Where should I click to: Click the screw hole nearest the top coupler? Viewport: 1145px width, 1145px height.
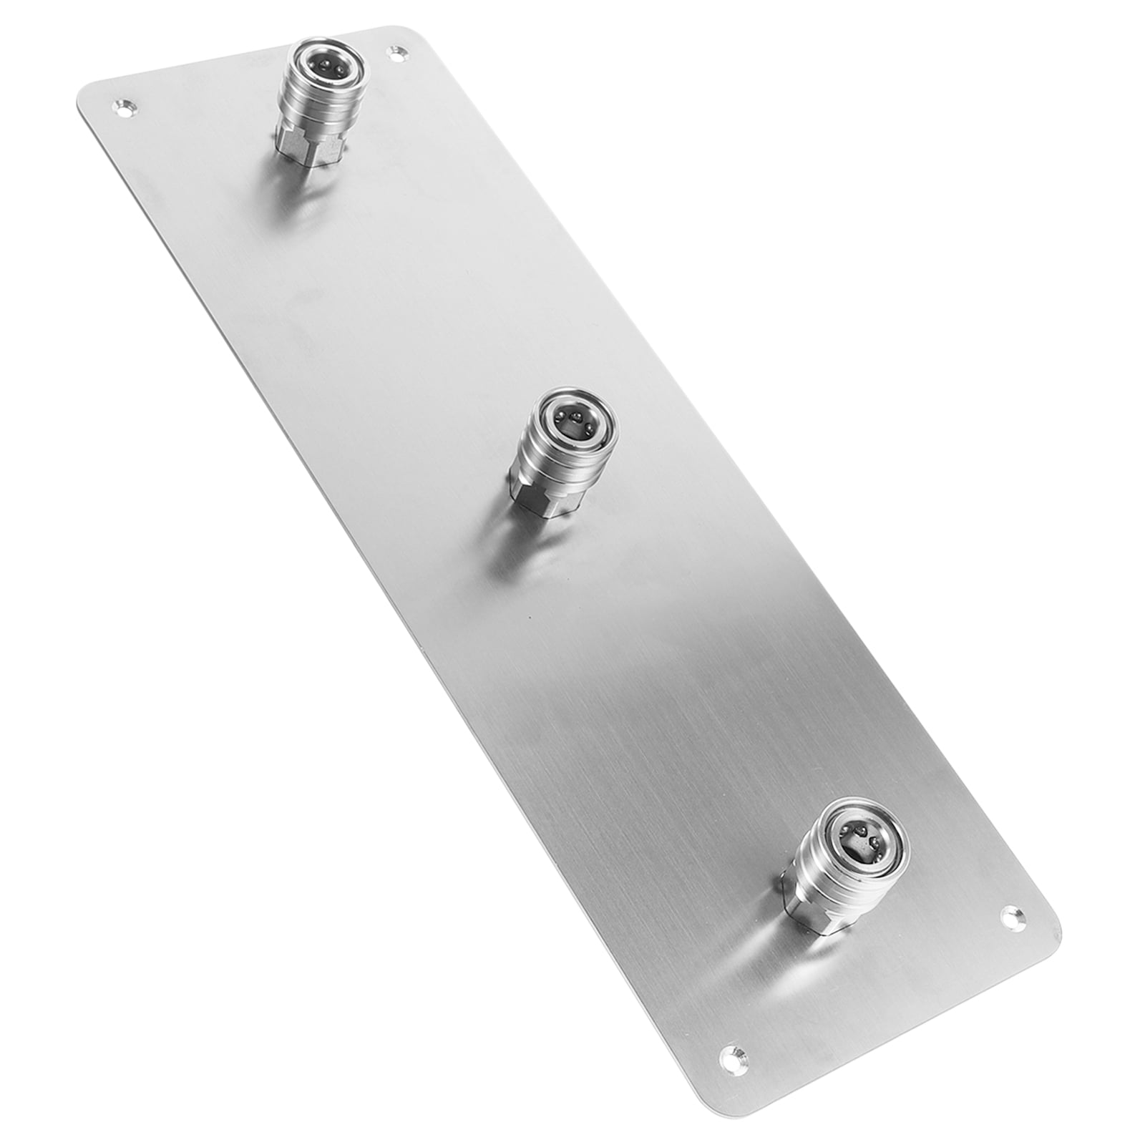coord(396,52)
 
